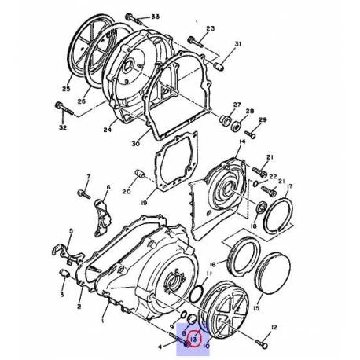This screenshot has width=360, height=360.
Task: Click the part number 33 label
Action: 155,17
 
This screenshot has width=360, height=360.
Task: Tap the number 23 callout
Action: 210,29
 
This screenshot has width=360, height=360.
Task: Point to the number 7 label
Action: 88,178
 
